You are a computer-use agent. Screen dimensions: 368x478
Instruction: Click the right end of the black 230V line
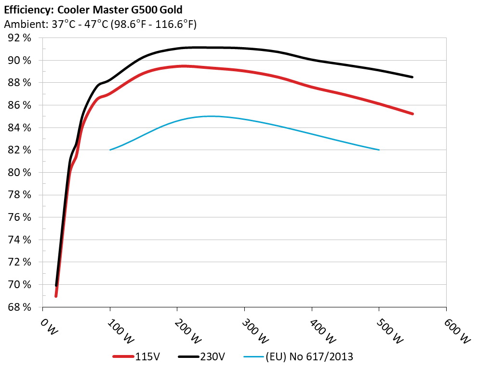coord(412,77)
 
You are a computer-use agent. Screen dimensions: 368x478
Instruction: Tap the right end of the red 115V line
coord(412,114)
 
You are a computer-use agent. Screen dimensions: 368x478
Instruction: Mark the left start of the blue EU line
coord(110,150)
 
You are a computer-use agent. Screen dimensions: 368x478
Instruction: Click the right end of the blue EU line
coord(379,150)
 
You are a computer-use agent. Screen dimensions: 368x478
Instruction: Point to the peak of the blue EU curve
coord(211,116)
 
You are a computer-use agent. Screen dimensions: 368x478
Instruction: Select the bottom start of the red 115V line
coord(56,296)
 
